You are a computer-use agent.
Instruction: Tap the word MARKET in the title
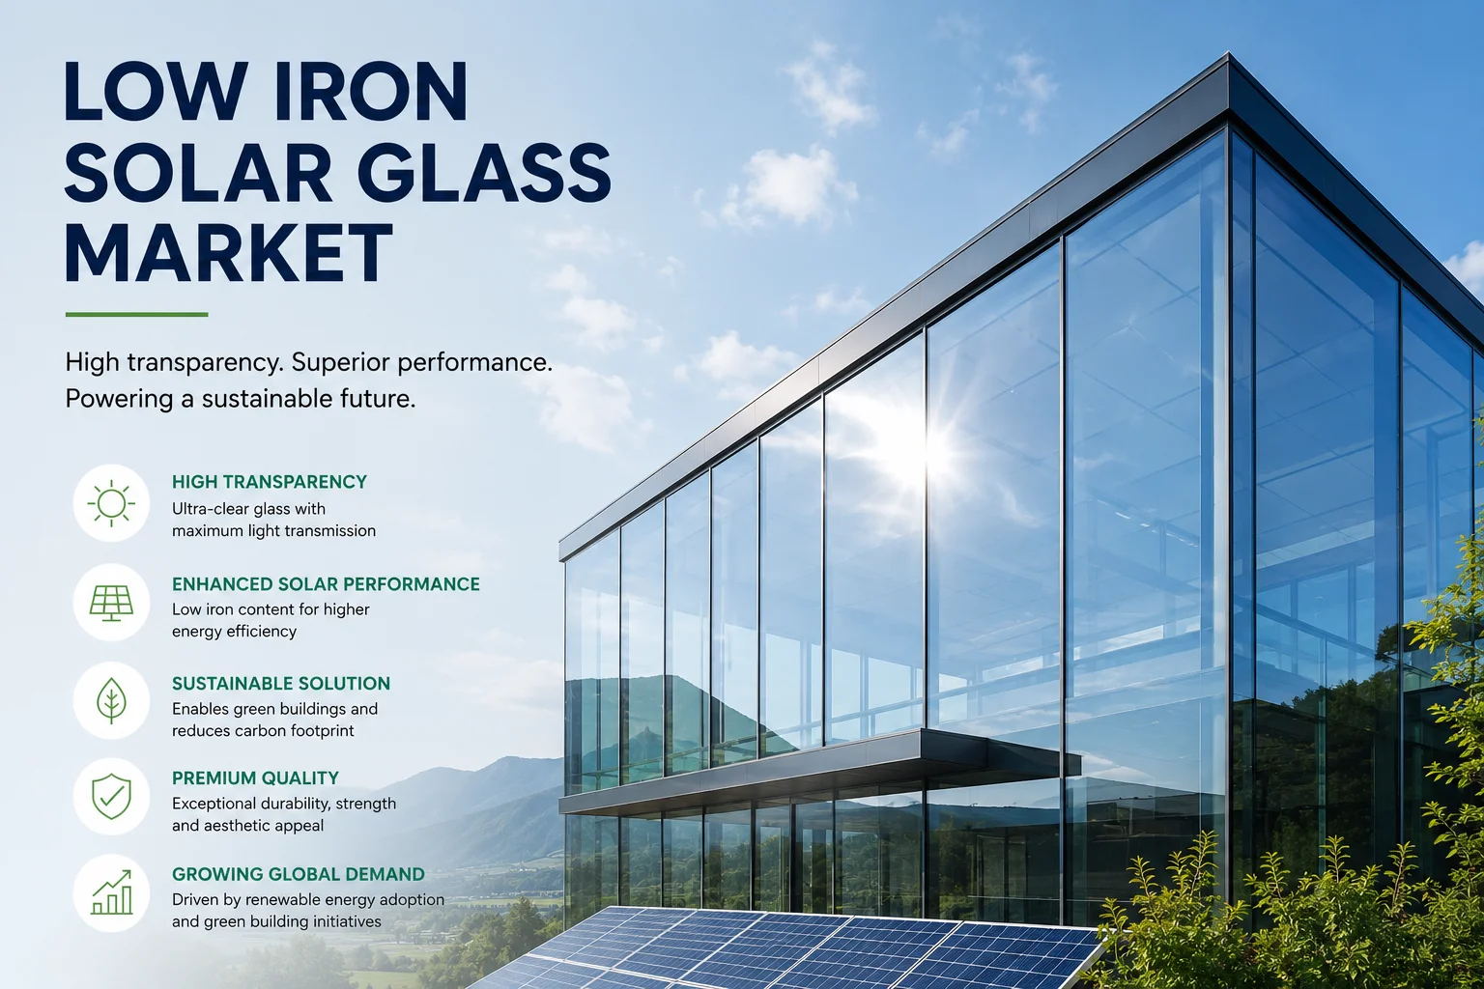pos(229,253)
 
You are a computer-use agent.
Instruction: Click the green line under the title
pos(136,315)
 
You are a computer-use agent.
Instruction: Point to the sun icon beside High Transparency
pos(111,503)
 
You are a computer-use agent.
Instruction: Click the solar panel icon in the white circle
pos(111,603)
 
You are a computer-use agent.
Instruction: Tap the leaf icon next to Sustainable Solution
pos(111,700)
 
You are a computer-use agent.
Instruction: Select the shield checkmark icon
pos(111,796)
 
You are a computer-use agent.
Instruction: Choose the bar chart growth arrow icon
pos(111,892)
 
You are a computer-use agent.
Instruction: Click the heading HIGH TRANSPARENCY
pos(269,482)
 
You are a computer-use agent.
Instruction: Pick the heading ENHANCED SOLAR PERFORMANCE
pos(326,583)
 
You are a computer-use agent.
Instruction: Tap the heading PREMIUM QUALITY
pos(255,777)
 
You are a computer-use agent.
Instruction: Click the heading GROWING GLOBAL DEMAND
pos(299,874)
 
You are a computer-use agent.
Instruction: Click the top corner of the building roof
pos(1228,53)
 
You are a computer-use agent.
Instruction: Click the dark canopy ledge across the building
pos(819,772)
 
